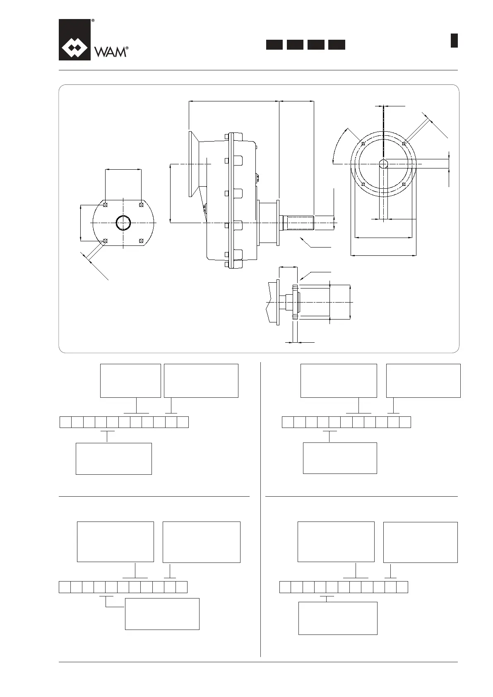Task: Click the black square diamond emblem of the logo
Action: click(x=75, y=40)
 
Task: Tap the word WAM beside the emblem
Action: click(x=110, y=52)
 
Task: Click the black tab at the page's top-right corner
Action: click(x=454, y=41)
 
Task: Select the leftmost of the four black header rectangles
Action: click(x=274, y=45)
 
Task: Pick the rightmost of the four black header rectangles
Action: click(x=337, y=45)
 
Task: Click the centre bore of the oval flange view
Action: click(x=123, y=223)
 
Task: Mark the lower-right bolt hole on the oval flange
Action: click(x=142, y=240)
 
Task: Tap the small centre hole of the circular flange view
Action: click(x=384, y=164)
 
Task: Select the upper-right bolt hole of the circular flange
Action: click(x=404, y=143)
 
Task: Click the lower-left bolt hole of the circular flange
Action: click(x=363, y=184)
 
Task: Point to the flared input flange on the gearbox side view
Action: click(x=193, y=164)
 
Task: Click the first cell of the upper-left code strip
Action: click(x=66, y=422)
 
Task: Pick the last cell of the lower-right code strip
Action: click(x=402, y=587)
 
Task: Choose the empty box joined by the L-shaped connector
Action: click(x=162, y=614)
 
